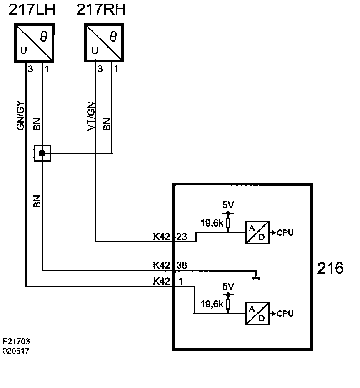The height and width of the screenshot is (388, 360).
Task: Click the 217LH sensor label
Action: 32,10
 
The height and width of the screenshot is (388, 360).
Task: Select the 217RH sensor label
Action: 101,10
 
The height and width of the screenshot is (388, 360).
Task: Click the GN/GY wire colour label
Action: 20,115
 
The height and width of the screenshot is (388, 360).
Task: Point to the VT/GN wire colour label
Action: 91,116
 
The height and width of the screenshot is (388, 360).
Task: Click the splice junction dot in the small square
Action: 42,154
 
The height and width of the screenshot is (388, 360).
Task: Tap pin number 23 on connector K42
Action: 182,237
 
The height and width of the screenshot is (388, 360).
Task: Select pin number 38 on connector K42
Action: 182,265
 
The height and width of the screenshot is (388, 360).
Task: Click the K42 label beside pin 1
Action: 162,282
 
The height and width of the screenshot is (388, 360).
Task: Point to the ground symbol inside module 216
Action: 256,275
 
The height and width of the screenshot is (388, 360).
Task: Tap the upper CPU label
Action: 285,233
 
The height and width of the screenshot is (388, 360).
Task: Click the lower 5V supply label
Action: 228,287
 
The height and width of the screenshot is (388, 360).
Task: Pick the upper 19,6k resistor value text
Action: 212,223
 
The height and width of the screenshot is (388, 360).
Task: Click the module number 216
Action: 330,268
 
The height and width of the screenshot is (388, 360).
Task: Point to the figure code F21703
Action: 16,341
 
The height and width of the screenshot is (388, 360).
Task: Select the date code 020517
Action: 16,351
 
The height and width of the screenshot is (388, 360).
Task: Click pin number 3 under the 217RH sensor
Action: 100,69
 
